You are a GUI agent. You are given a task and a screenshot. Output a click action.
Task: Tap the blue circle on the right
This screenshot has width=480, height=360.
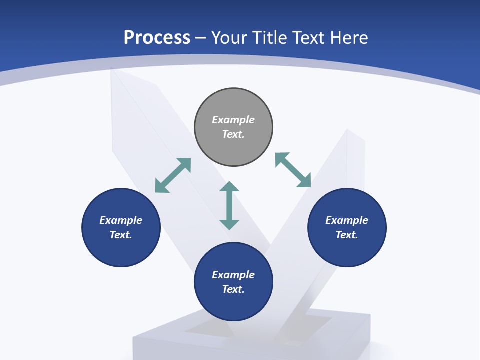pos(347,250)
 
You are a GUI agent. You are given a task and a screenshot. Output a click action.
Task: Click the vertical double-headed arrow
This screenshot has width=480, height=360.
pos(229,205)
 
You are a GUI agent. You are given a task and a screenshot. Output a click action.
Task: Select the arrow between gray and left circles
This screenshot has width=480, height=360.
pos(173,175)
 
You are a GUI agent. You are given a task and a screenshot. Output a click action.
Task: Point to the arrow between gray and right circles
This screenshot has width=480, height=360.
pos(293,170)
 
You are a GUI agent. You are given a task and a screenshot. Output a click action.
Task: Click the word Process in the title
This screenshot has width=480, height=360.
pos(157,37)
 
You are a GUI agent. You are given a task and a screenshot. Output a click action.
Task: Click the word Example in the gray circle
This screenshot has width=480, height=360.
pos(233,120)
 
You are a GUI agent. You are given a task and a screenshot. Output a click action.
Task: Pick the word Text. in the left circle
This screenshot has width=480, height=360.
pos(121,235)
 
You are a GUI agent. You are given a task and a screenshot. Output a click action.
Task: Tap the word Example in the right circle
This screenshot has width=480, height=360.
pos(347,220)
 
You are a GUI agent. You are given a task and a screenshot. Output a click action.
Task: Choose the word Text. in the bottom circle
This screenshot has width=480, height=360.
pos(233,289)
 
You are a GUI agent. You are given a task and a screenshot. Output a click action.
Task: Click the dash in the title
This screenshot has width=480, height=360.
pos(201,38)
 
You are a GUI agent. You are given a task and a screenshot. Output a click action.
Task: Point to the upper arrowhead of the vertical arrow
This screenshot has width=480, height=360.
pos(229,186)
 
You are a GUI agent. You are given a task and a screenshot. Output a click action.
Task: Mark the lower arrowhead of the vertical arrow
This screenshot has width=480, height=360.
pos(229,224)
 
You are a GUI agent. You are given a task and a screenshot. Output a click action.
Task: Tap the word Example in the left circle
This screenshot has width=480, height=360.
pos(121,220)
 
